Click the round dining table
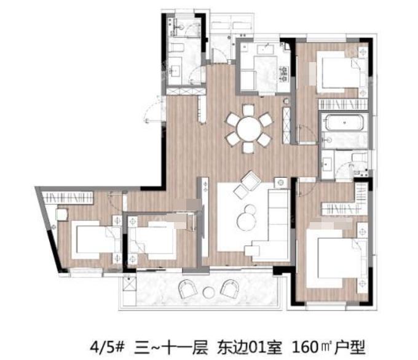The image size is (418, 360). tap(249, 129)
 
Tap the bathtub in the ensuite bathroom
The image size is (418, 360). tap(344, 122)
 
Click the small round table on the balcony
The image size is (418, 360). tap(208, 292)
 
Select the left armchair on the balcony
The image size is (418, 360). tap(187, 289)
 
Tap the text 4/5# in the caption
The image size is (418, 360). tap(107, 348)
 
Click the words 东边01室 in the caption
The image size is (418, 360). tap(250, 348)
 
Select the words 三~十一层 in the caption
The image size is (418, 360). tap(171, 348)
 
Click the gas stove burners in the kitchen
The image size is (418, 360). tap(284, 73)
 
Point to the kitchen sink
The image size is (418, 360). tap(266, 49)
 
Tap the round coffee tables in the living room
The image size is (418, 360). tap(247, 218)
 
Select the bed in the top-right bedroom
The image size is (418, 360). tap(341, 72)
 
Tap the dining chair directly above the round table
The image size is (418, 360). tap(248, 110)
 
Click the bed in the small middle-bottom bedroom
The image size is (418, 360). tap(152, 240)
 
